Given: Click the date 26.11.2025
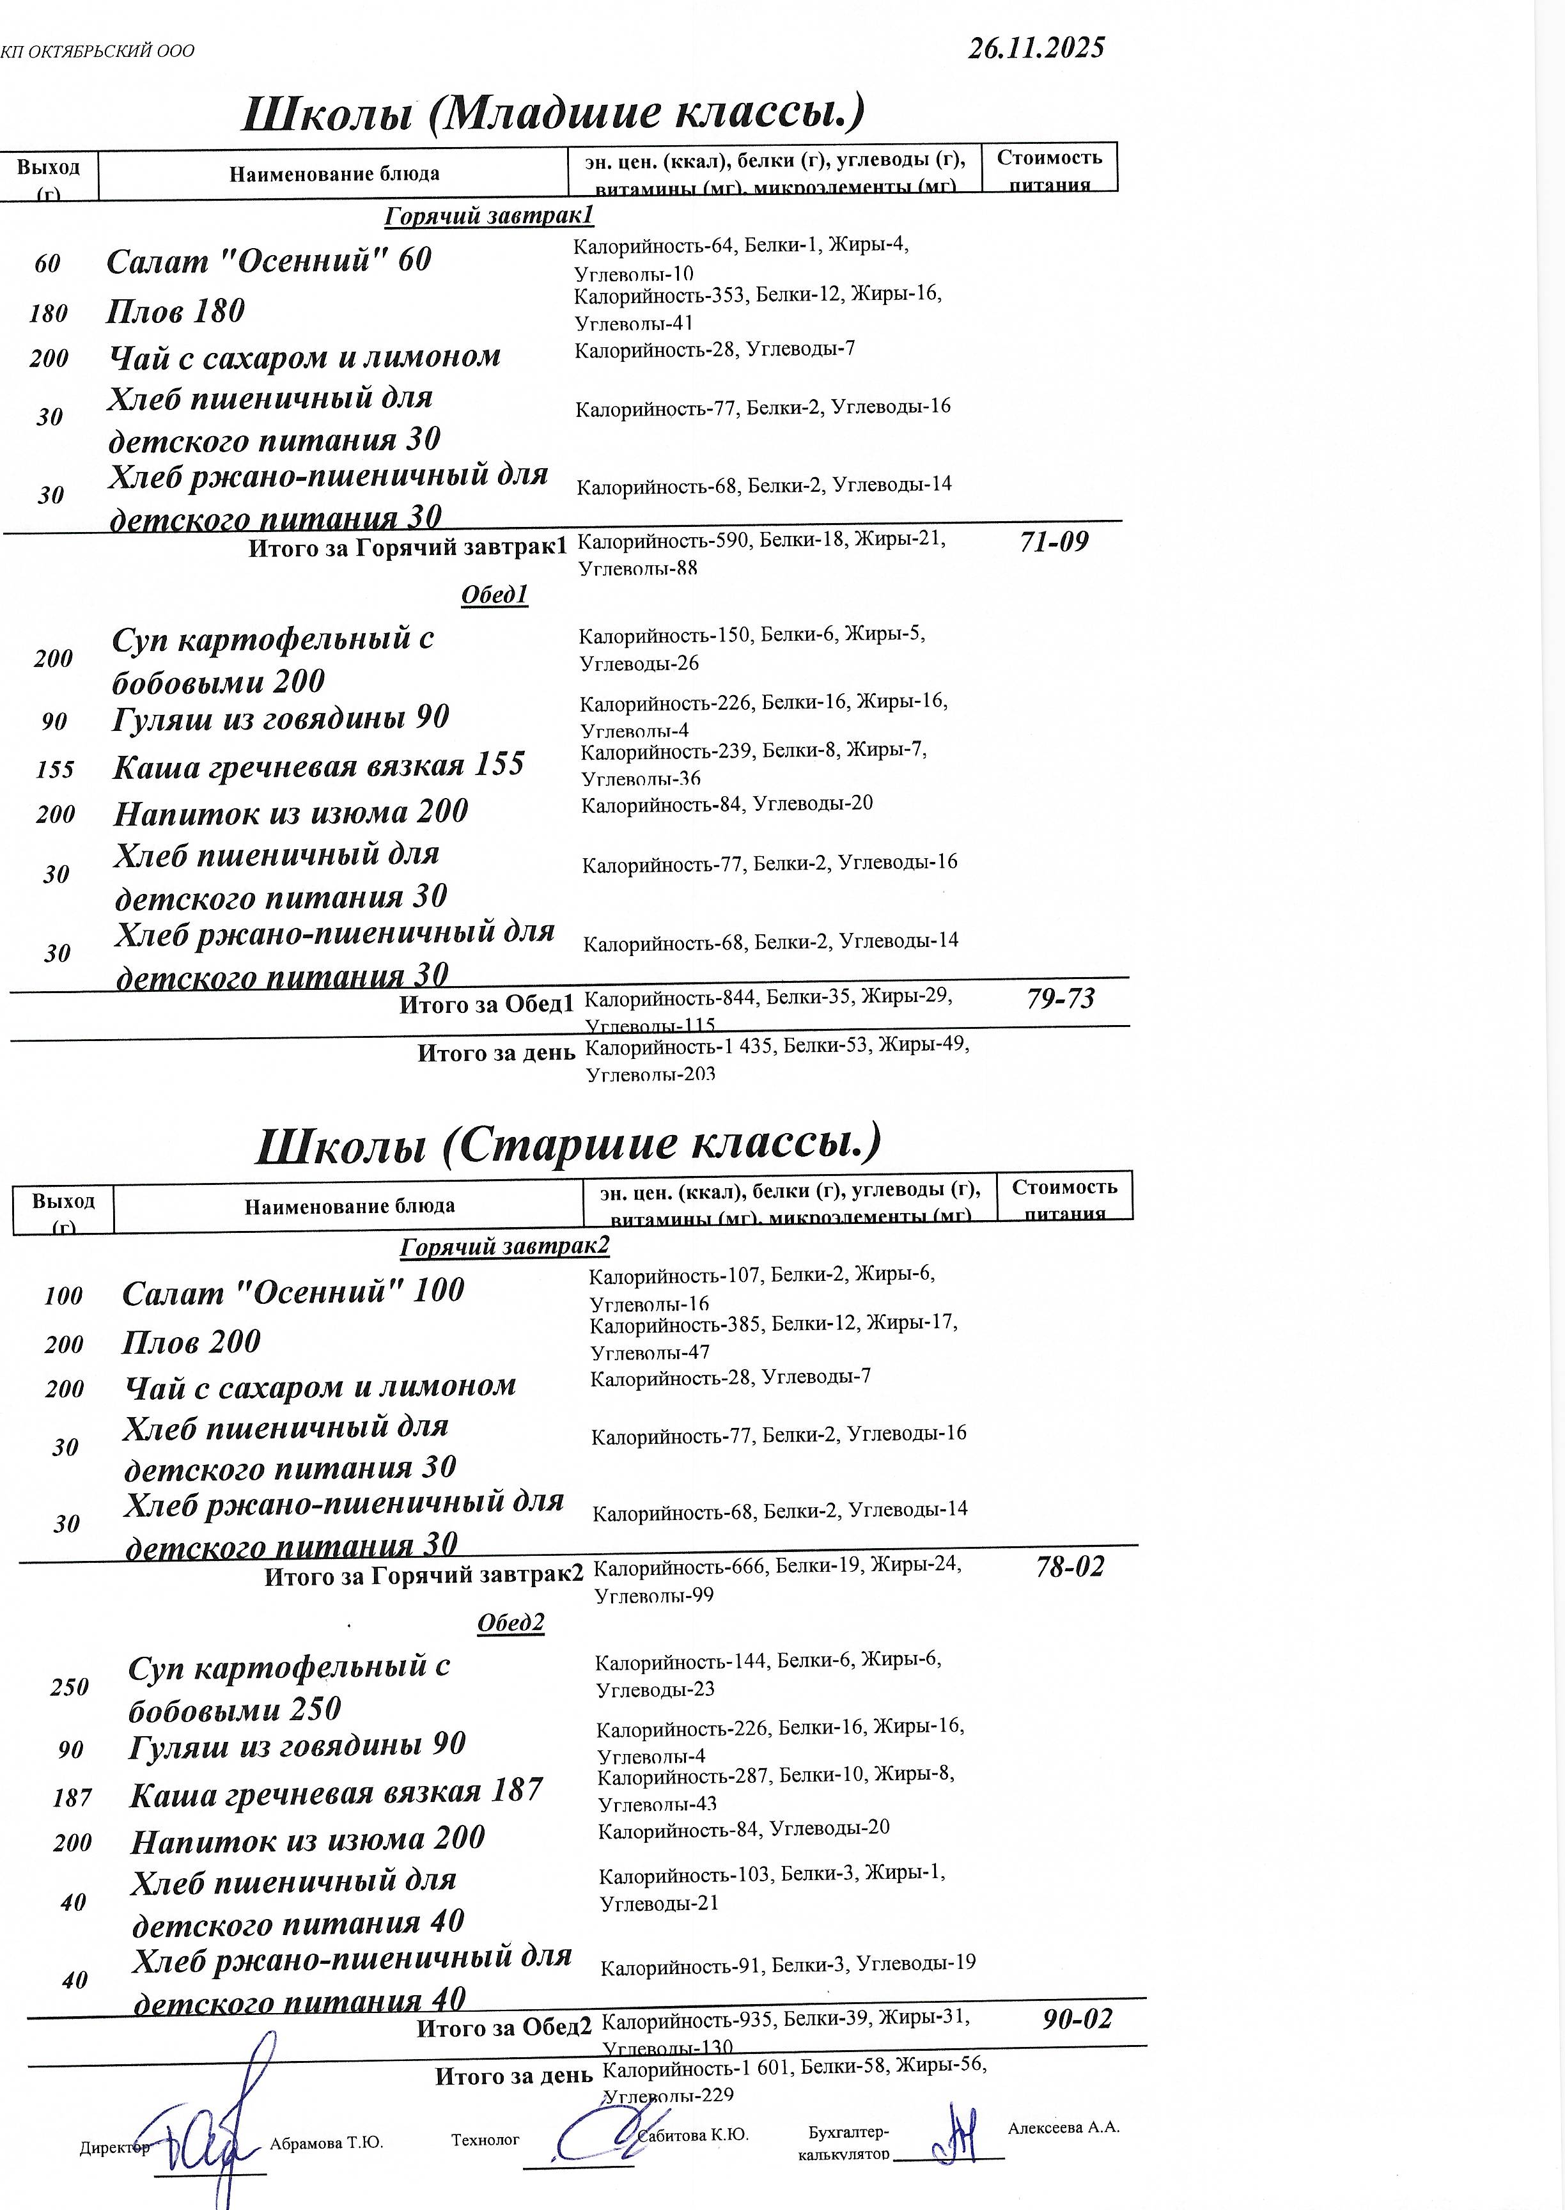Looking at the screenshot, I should pos(1036,48).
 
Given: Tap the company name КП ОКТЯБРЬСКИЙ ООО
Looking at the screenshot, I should pos(97,51).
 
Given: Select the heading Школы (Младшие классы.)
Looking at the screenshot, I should pos(552,113).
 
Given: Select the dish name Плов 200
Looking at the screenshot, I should pos(191,1342).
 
